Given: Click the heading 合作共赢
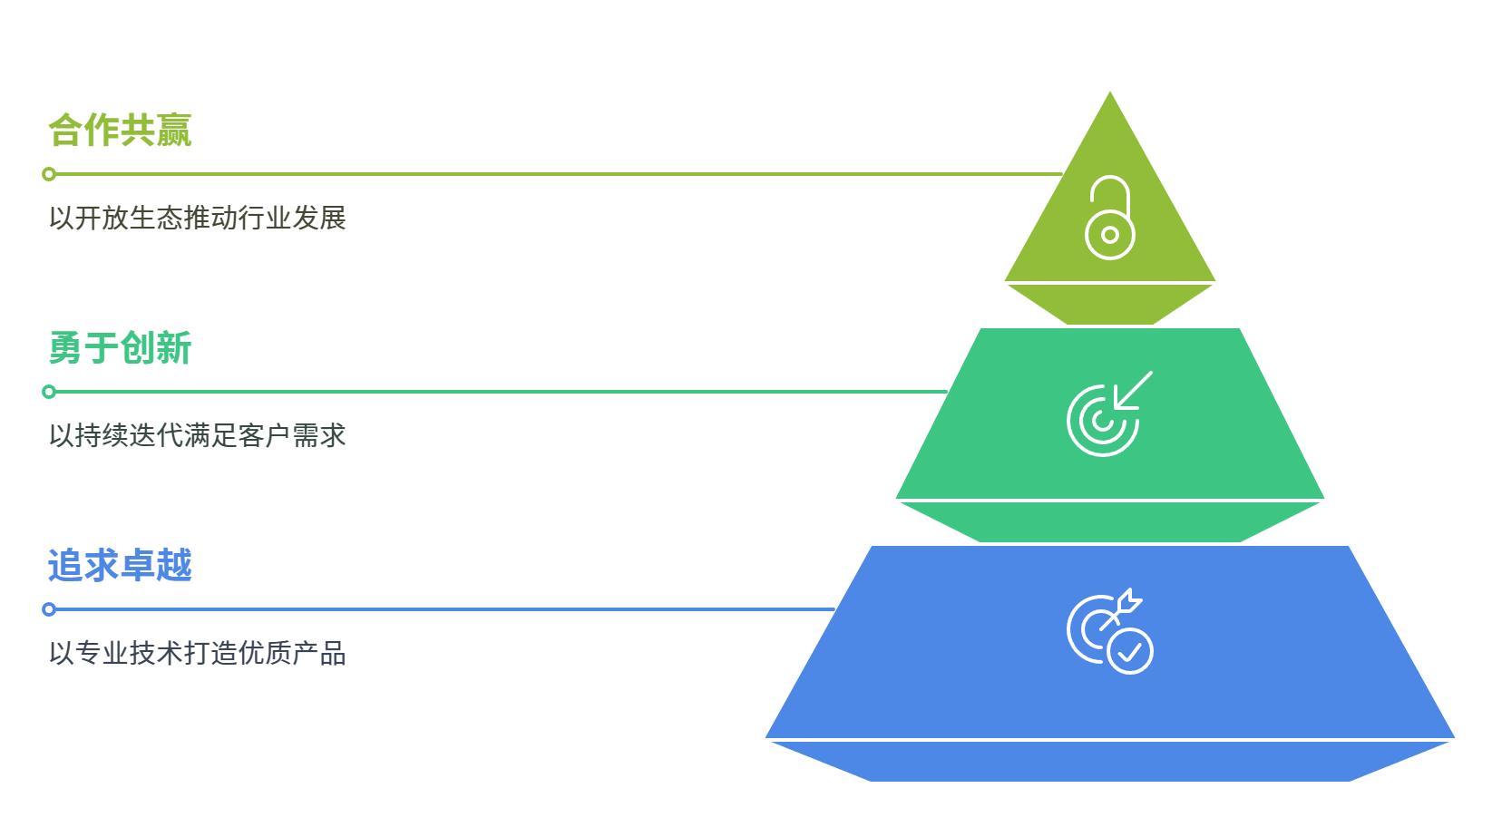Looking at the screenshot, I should [x=120, y=131].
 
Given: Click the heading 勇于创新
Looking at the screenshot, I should [x=120, y=348].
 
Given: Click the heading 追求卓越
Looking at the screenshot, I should [x=120, y=566].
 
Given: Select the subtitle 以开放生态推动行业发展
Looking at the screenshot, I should [x=198, y=219].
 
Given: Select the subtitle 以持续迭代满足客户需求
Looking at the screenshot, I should [x=198, y=436].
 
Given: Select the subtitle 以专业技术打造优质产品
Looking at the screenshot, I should [x=198, y=654].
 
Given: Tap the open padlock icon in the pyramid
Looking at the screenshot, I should [x=1109, y=218].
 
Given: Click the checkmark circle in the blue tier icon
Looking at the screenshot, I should [x=1130, y=652].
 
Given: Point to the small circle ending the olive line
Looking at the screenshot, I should [x=49, y=174].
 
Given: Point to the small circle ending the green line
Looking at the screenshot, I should [x=49, y=392].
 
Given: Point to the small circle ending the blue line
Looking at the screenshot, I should [x=49, y=609].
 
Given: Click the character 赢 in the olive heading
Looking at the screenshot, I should [x=174, y=131].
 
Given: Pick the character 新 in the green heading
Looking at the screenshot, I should [x=174, y=348].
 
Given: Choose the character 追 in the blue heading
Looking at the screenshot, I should [x=65, y=566].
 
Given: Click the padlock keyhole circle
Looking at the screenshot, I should [x=1109, y=235].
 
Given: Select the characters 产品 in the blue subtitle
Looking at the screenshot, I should [x=319, y=654].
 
